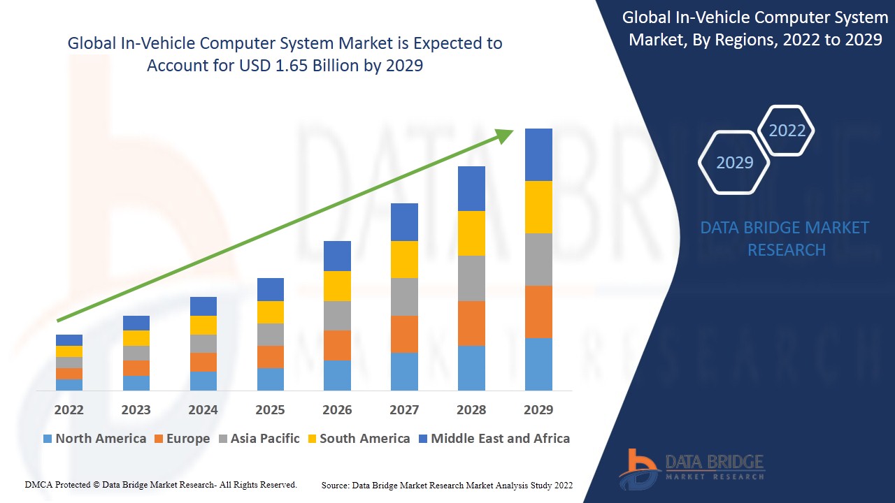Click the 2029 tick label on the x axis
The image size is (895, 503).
point(538,409)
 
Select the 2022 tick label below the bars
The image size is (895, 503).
point(69,409)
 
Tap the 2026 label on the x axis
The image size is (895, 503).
point(337,409)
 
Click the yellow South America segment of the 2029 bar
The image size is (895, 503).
point(538,207)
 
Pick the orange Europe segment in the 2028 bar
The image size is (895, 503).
point(471,323)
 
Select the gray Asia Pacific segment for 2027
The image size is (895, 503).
point(404,297)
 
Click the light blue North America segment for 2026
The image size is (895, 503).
point(337,375)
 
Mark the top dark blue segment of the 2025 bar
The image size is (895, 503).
point(271,289)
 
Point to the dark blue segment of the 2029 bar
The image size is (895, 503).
point(538,154)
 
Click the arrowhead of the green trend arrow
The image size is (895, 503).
point(505,135)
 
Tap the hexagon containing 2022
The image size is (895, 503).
point(787,131)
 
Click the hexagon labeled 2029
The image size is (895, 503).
point(734,163)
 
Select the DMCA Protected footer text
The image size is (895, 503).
point(161,484)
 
